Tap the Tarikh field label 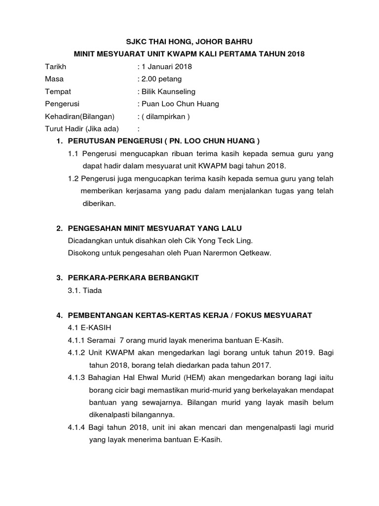tap(56, 67)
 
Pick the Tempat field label tap(58, 91)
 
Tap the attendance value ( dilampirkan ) tap(166, 117)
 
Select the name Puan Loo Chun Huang tap(180, 104)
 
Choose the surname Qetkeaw tap(254, 253)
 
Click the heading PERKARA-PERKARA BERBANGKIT tap(133, 278)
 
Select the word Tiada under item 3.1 tap(92, 291)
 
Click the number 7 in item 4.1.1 tap(122, 340)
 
